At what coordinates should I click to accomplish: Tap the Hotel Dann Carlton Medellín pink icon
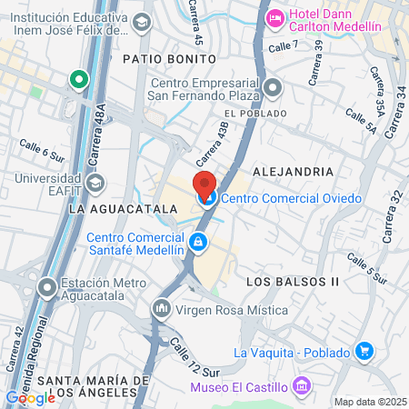click(274, 17)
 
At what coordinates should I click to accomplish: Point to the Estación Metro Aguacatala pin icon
click(46, 289)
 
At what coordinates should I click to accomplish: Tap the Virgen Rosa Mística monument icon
click(162, 309)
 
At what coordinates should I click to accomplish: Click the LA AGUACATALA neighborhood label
click(110, 208)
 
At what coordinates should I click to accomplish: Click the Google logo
click(31, 397)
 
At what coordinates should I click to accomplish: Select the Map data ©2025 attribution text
click(369, 402)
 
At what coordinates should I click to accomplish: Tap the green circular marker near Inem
click(79, 79)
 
